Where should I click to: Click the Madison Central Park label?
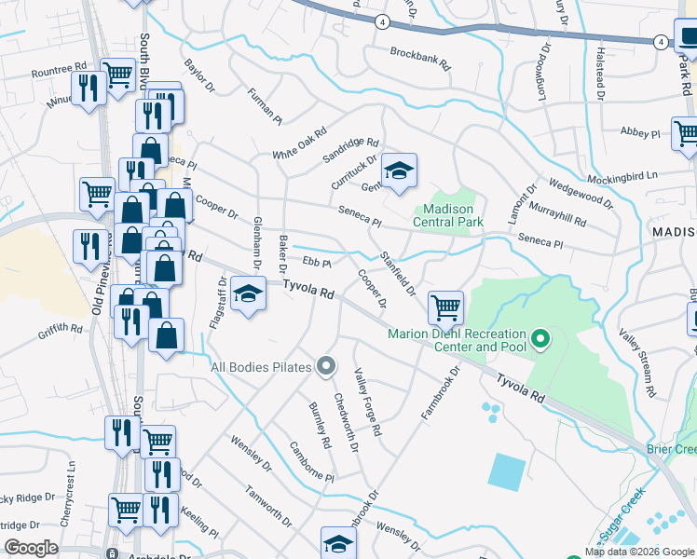click(448, 215)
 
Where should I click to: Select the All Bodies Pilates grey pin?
click(325, 367)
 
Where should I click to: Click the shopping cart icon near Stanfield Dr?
click(446, 306)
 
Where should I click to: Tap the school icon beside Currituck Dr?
click(399, 170)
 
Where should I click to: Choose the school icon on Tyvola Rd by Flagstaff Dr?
click(248, 293)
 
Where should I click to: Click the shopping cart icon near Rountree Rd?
click(118, 74)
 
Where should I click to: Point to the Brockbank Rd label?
click(420, 60)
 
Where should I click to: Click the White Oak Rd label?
click(300, 143)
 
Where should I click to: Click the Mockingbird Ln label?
click(622, 175)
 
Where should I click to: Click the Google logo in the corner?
click(32, 548)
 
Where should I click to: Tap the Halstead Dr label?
click(600, 74)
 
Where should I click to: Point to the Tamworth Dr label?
click(268, 503)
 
